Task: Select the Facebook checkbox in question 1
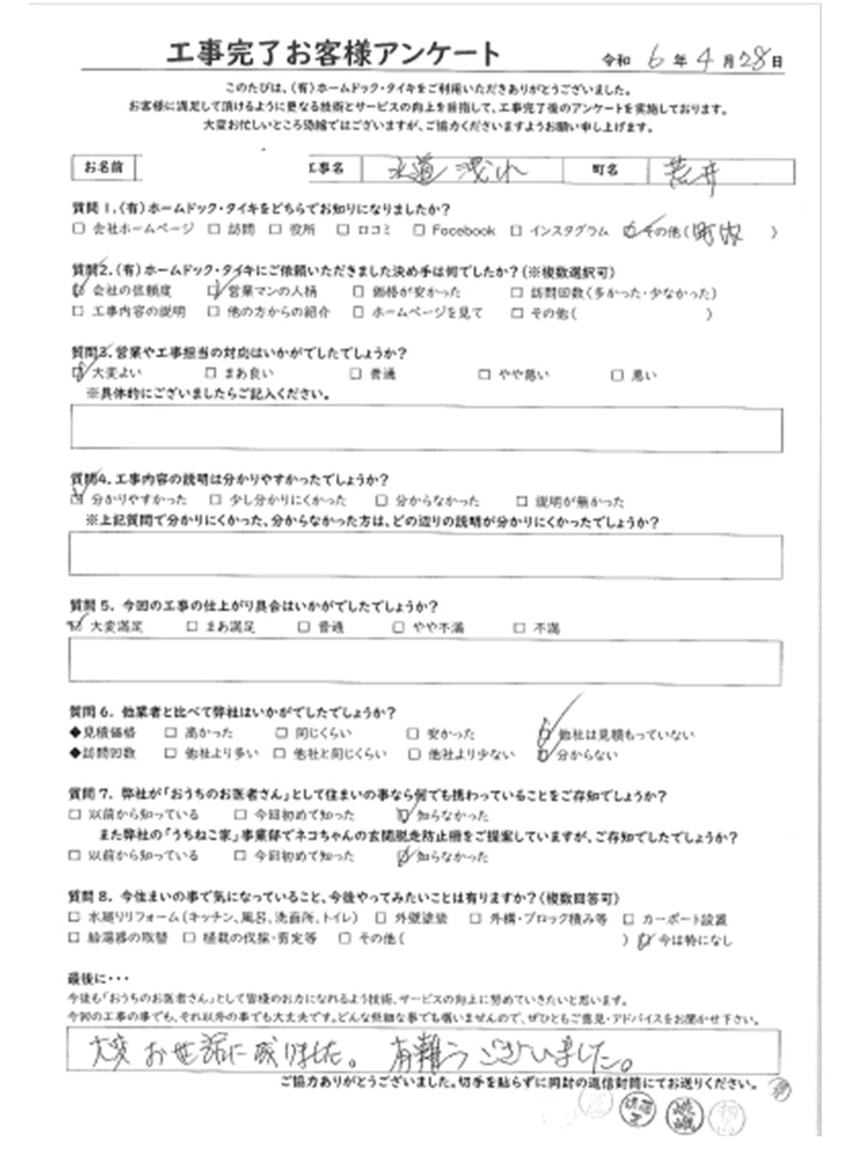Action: coord(420,230)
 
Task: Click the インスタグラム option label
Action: coord(566,230)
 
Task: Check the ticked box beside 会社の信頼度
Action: coord(78,291)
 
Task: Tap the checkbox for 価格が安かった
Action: coord(357,292)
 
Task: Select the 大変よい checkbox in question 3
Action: coord(78,374)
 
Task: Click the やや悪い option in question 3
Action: coord(517,375)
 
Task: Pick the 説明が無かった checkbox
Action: coord(521,501)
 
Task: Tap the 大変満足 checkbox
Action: coord(77,627)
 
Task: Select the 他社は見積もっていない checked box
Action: coord(544,733)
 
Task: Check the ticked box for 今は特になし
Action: coord(643,939)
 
